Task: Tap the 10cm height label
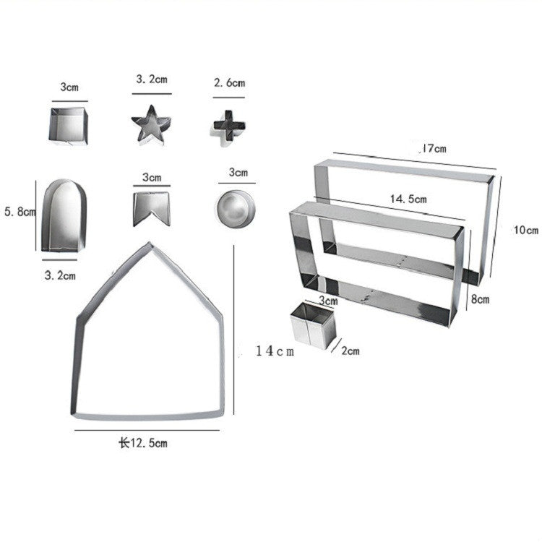pyautogui.click(x=525, y=231)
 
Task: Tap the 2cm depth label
pyautogui.click(x=350, y=351)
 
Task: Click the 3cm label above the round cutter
pyautogui.click(x=238, y=173)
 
